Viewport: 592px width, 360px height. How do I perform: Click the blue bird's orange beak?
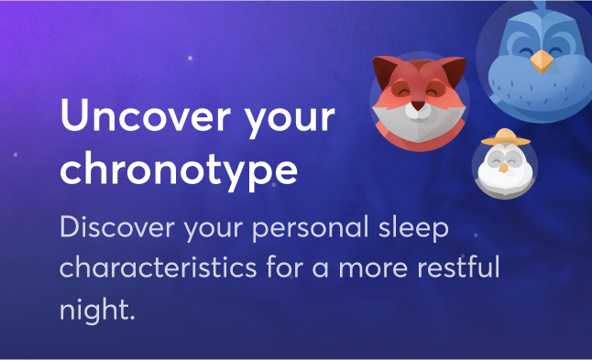click(x=542, y=61)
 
